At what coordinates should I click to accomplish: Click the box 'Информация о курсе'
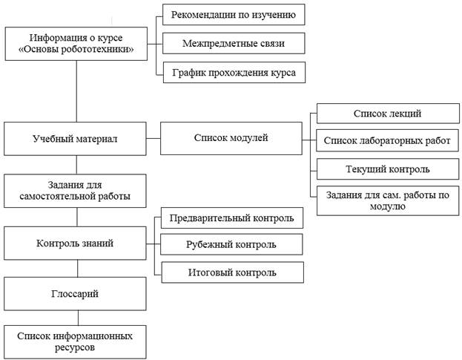click(76, 44)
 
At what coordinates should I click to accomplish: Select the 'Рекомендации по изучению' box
click(234, 14)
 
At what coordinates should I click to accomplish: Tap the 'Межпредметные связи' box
click(234, 43)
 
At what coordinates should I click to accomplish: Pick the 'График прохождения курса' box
click(234, 72)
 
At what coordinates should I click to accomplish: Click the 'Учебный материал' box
click(75, 139)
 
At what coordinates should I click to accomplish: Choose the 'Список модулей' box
click(231, 138)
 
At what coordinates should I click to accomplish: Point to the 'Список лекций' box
click(388, 114)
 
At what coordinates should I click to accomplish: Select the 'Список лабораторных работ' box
click(387, 140)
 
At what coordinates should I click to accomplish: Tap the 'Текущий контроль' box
click(388, 169)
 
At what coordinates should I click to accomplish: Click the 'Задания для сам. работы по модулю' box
click(388, 200)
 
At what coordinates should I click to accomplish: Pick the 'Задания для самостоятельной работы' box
click(75, 191)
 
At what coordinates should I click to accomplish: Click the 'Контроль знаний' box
click(75, 243)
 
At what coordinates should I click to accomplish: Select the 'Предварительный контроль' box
click(232, 218)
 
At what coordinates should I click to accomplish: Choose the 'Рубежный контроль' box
click(231, 244)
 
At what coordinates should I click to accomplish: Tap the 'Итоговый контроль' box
click(232, 272)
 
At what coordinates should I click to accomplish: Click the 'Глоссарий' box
click(75, 294)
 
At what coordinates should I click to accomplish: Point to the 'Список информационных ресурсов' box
click(75, 342)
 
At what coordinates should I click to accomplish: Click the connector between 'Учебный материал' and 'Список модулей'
click(154, 138)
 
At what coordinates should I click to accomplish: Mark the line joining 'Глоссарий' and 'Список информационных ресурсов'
click(78, 318)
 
